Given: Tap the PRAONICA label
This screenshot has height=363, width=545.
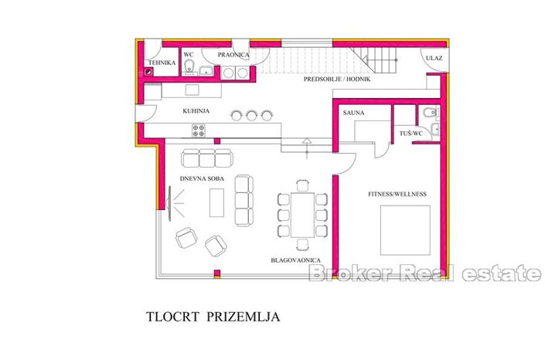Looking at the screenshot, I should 233,55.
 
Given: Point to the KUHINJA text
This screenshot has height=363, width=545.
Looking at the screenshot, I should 196,111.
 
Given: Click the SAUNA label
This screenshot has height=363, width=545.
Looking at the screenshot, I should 353,113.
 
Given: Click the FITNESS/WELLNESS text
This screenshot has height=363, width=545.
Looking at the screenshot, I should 397,193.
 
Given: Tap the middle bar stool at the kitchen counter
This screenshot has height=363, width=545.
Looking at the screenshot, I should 251,115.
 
